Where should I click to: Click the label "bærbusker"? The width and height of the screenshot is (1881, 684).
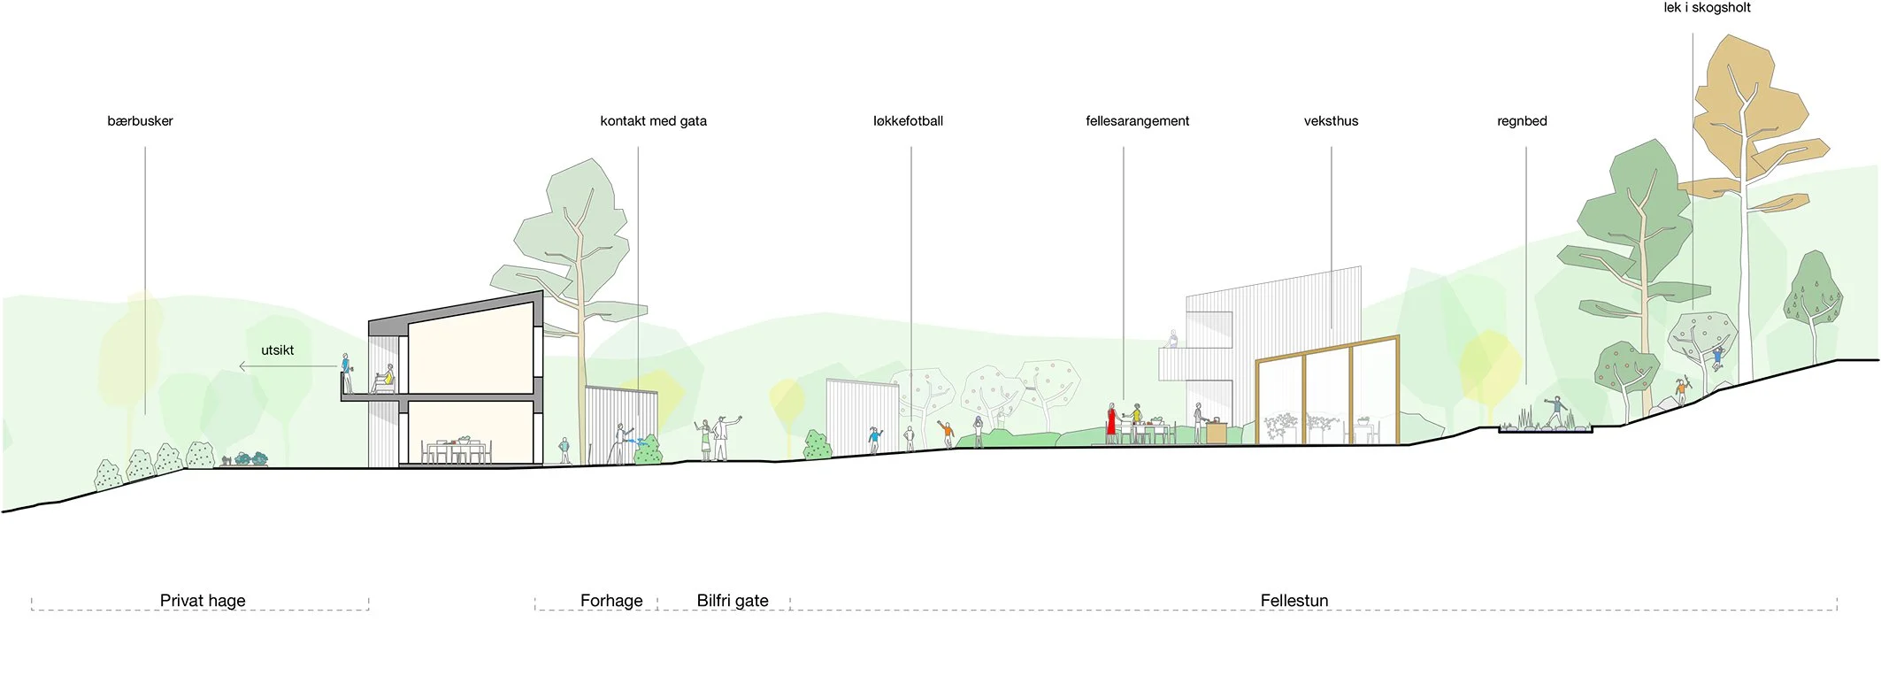tap(140, 121)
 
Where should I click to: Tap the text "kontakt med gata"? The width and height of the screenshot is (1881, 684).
tap(653, 121)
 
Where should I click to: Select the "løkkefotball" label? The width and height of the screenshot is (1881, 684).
tap(908, 121)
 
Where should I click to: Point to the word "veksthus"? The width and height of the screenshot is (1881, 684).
tap(1331, 121)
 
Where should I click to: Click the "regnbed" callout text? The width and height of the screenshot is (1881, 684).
tap(1522, 121)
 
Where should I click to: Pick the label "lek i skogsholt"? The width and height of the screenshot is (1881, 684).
tap(1707, 8)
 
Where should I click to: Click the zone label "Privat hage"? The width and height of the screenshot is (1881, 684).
tap(203, 601)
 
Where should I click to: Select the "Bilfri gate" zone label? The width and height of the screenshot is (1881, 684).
tap(733, 601)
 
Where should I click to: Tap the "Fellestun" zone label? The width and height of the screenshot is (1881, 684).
tap(1294, 601)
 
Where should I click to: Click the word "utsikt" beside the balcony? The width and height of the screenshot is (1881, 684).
tap(277, 350)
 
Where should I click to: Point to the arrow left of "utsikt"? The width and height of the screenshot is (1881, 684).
tap(247, 365)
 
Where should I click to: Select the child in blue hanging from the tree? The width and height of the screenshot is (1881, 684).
tap(1717, 357)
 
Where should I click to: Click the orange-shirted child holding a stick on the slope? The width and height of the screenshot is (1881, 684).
tap(1681, 389)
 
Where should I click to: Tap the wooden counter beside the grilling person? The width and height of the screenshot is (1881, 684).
tap(1216, 433)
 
